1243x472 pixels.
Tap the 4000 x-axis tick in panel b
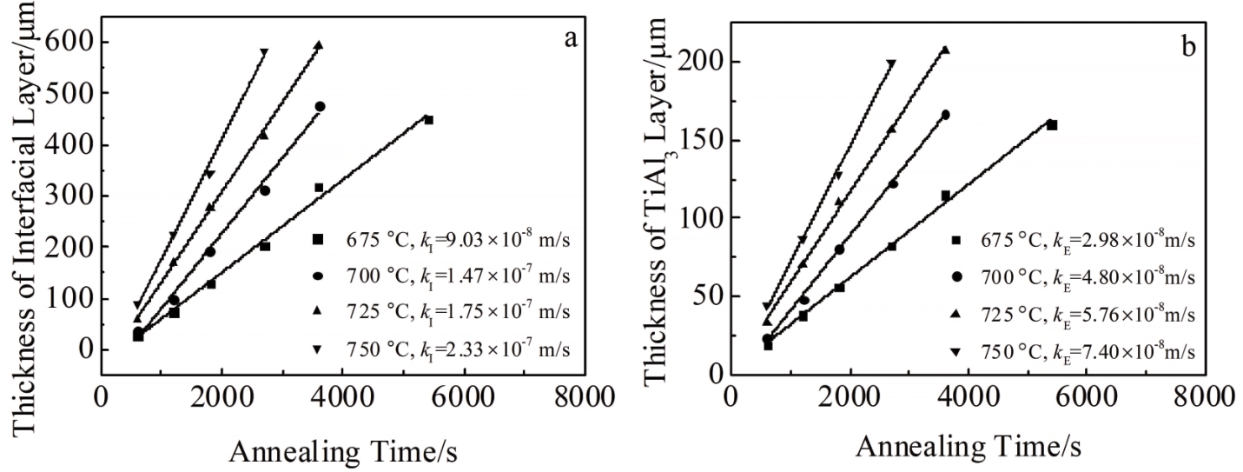pyautogui.click(x=969, y=396)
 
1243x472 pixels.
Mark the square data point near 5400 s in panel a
pyautogui.click(x=428, y=120)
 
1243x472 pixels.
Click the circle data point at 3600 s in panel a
pyautogui.click(x=320, y=106)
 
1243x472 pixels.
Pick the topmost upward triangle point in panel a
pyautogui.click(x=318, y=44)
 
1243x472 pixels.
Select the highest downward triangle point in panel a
pyautogui.click(x=264, y=53)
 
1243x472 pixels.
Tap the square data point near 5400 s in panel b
pyautogui.click(x=1052, y=125)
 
